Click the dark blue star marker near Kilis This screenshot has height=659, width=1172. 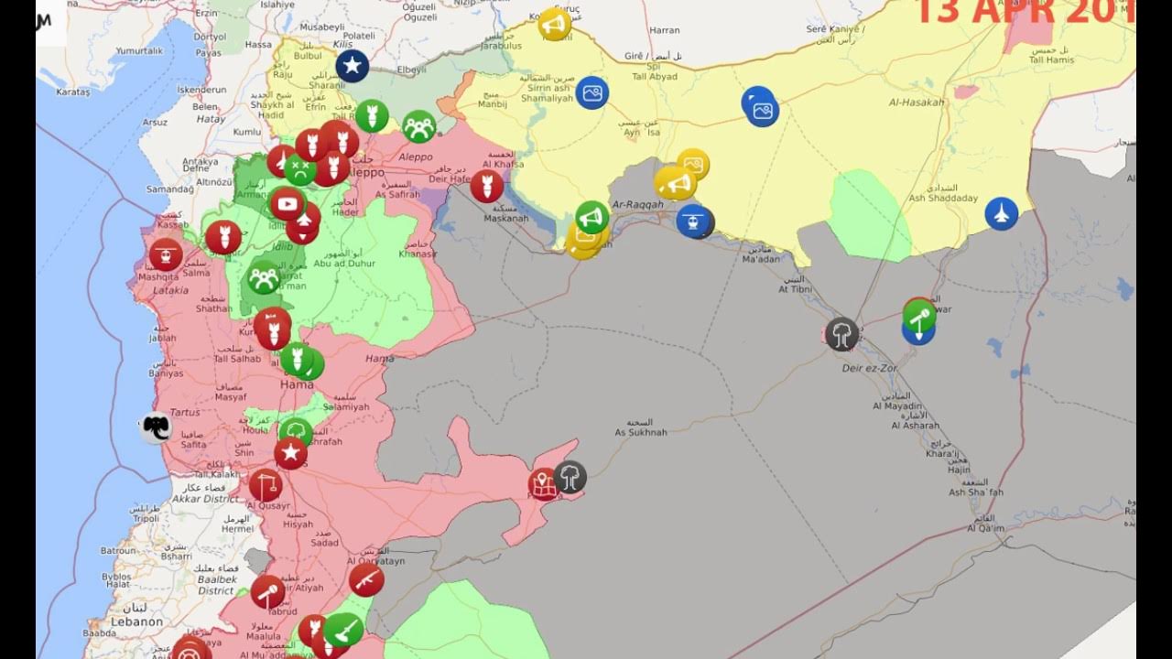tap(352, 66)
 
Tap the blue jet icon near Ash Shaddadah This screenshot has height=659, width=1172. tap(1002, 214)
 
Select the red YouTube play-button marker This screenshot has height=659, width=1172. tap(288, 204)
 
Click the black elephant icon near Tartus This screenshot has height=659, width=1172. tap(156, 427)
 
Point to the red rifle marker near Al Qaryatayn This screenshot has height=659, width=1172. tap(366, 579)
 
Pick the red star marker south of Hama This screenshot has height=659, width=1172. tap(291, 452)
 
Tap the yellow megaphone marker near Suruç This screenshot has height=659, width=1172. tap(554, 25)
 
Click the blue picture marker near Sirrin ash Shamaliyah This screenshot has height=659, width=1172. tap(592, 92)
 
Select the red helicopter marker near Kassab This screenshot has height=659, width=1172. tap(166, 254)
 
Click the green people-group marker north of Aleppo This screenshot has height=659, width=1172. tap(418, 126)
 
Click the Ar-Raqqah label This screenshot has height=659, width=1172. tap(637, 204)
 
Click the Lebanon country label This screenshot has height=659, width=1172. tap(136, 621)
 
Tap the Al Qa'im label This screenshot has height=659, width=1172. tap(985, 528)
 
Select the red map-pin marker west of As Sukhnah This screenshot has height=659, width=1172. tap(543, 483)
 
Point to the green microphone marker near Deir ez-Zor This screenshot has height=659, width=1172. tap(919, 317)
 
